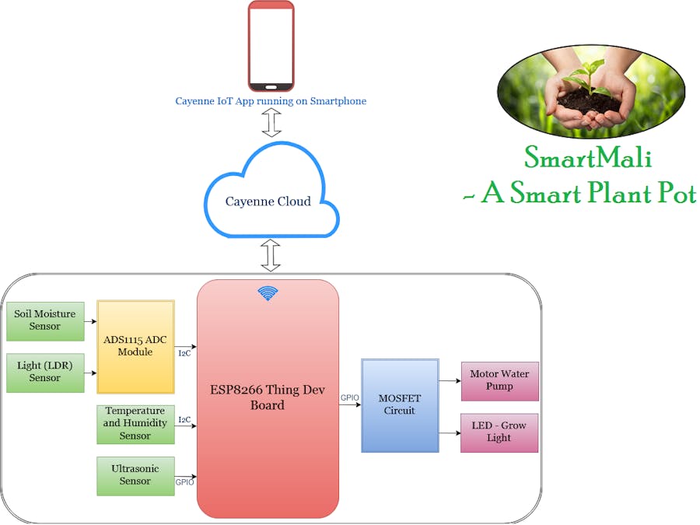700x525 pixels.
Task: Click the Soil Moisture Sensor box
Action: click(45, 320)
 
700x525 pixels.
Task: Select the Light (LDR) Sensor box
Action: click(45, 372)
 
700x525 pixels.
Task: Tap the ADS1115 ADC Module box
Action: click(135, 346)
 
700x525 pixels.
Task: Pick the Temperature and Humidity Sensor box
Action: click(135, 424)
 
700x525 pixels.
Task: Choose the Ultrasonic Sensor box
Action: click(135, 475)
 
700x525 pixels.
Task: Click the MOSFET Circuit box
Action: click(400, 405)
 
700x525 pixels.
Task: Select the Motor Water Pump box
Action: click(499, 380)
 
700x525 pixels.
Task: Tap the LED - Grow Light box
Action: click(499, 432)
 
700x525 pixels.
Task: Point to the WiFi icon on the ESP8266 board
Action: click(268, 293)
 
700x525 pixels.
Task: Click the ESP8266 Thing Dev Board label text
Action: click(268, 397)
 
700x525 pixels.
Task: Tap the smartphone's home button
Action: click(271, 86)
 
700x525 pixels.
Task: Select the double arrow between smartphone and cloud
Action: click(271, 122)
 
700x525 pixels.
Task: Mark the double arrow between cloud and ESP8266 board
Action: click(271, 255)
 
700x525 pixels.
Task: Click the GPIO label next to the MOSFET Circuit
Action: click(350, 397)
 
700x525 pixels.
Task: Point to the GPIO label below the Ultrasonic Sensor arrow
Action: click(185, 482)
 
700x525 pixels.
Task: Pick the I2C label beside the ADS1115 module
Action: click(184, 354)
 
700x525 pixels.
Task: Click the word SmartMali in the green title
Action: click(588, 159)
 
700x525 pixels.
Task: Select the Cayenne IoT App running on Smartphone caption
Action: click(271, 101)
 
